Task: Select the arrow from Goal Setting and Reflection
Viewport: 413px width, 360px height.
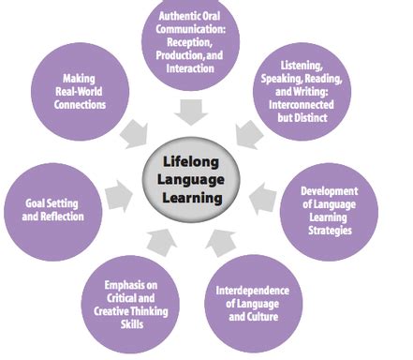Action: tap(116, 198)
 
